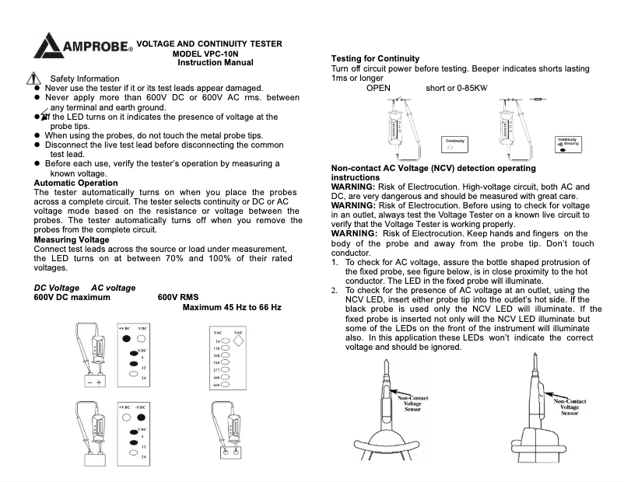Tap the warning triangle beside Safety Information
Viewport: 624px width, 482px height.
pyautogui.click(x=32, y=79)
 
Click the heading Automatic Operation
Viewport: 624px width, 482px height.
pyautogui.click(x=76, y=183)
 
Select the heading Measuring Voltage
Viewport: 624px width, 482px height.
pyautogui.click(x=71, y=240)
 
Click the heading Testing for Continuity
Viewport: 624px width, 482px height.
pyautogui.click(x=375, y=58)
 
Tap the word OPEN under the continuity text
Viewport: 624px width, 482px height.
pyautogui.click(x=378, y=88)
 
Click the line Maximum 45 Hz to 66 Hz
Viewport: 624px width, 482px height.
pyautogui.click(x=232, y=308)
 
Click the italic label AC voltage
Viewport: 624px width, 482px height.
pyautogui.click(x=113, y=288)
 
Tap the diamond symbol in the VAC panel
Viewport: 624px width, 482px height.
pyautogui.click(x=239, y=340)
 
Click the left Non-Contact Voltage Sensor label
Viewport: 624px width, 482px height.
pyautogui.click(x=412, y=403)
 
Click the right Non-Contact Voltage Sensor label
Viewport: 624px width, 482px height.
pyautogui.click(x=570, y=407)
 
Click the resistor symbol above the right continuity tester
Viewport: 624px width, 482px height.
pyautogui.click(x=538, y=99)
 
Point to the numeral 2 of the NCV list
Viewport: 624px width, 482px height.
pyautogui.click(x=335, y=289)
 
